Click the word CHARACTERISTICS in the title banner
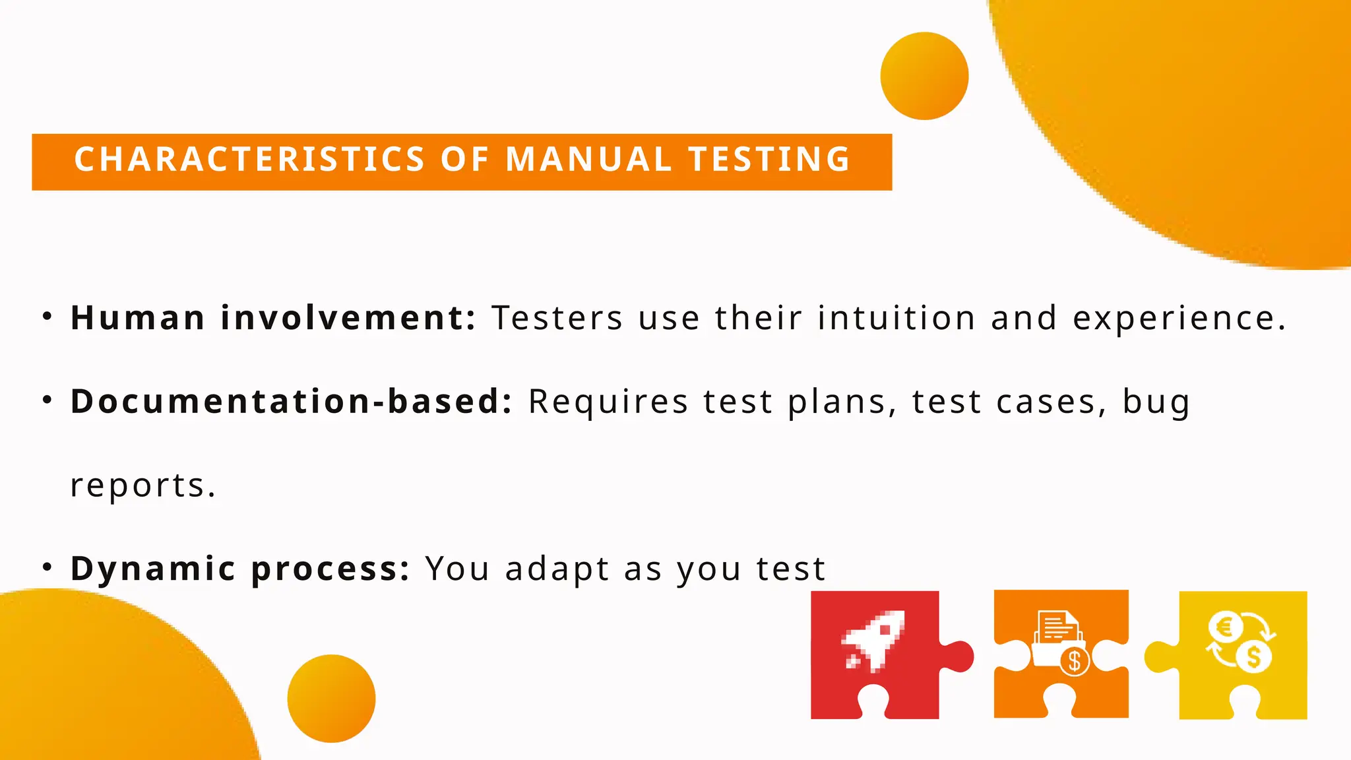pos(249,160)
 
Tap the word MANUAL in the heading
pos(588,160)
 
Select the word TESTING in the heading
pos(769,160)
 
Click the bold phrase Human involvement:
pos(272,318)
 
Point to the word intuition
pos(896,318)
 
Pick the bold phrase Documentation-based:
pos(291,401)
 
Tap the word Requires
pos(608,402)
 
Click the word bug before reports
pos(1156,402)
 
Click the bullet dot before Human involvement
pos(47,317)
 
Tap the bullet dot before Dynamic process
pos(47,567)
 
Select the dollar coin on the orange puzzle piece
pos(1074,660)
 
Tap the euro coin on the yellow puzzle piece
pos(1224,627)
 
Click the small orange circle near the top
pos(924,76)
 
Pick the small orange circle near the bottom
pos(331,698)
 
